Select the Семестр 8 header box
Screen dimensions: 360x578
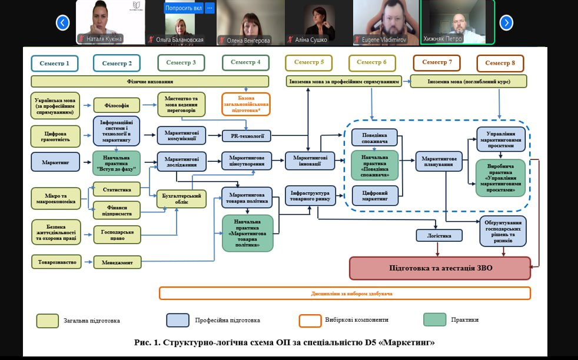point(500,63)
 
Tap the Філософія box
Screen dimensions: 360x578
point(117,105)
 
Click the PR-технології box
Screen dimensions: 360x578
point(247,136)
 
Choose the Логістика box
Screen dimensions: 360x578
point(439,235)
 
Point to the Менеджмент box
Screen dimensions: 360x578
point(117,262)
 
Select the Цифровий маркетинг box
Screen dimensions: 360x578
point(374,195)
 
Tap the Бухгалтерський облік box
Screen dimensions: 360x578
point(182,199)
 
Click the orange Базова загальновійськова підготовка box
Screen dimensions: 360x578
point(246,104)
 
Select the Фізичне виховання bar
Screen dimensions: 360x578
point(150,81)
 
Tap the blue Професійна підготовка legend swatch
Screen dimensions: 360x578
point(177,320)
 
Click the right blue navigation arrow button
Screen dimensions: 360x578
point(506,23)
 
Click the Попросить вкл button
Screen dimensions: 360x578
point(183,8)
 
